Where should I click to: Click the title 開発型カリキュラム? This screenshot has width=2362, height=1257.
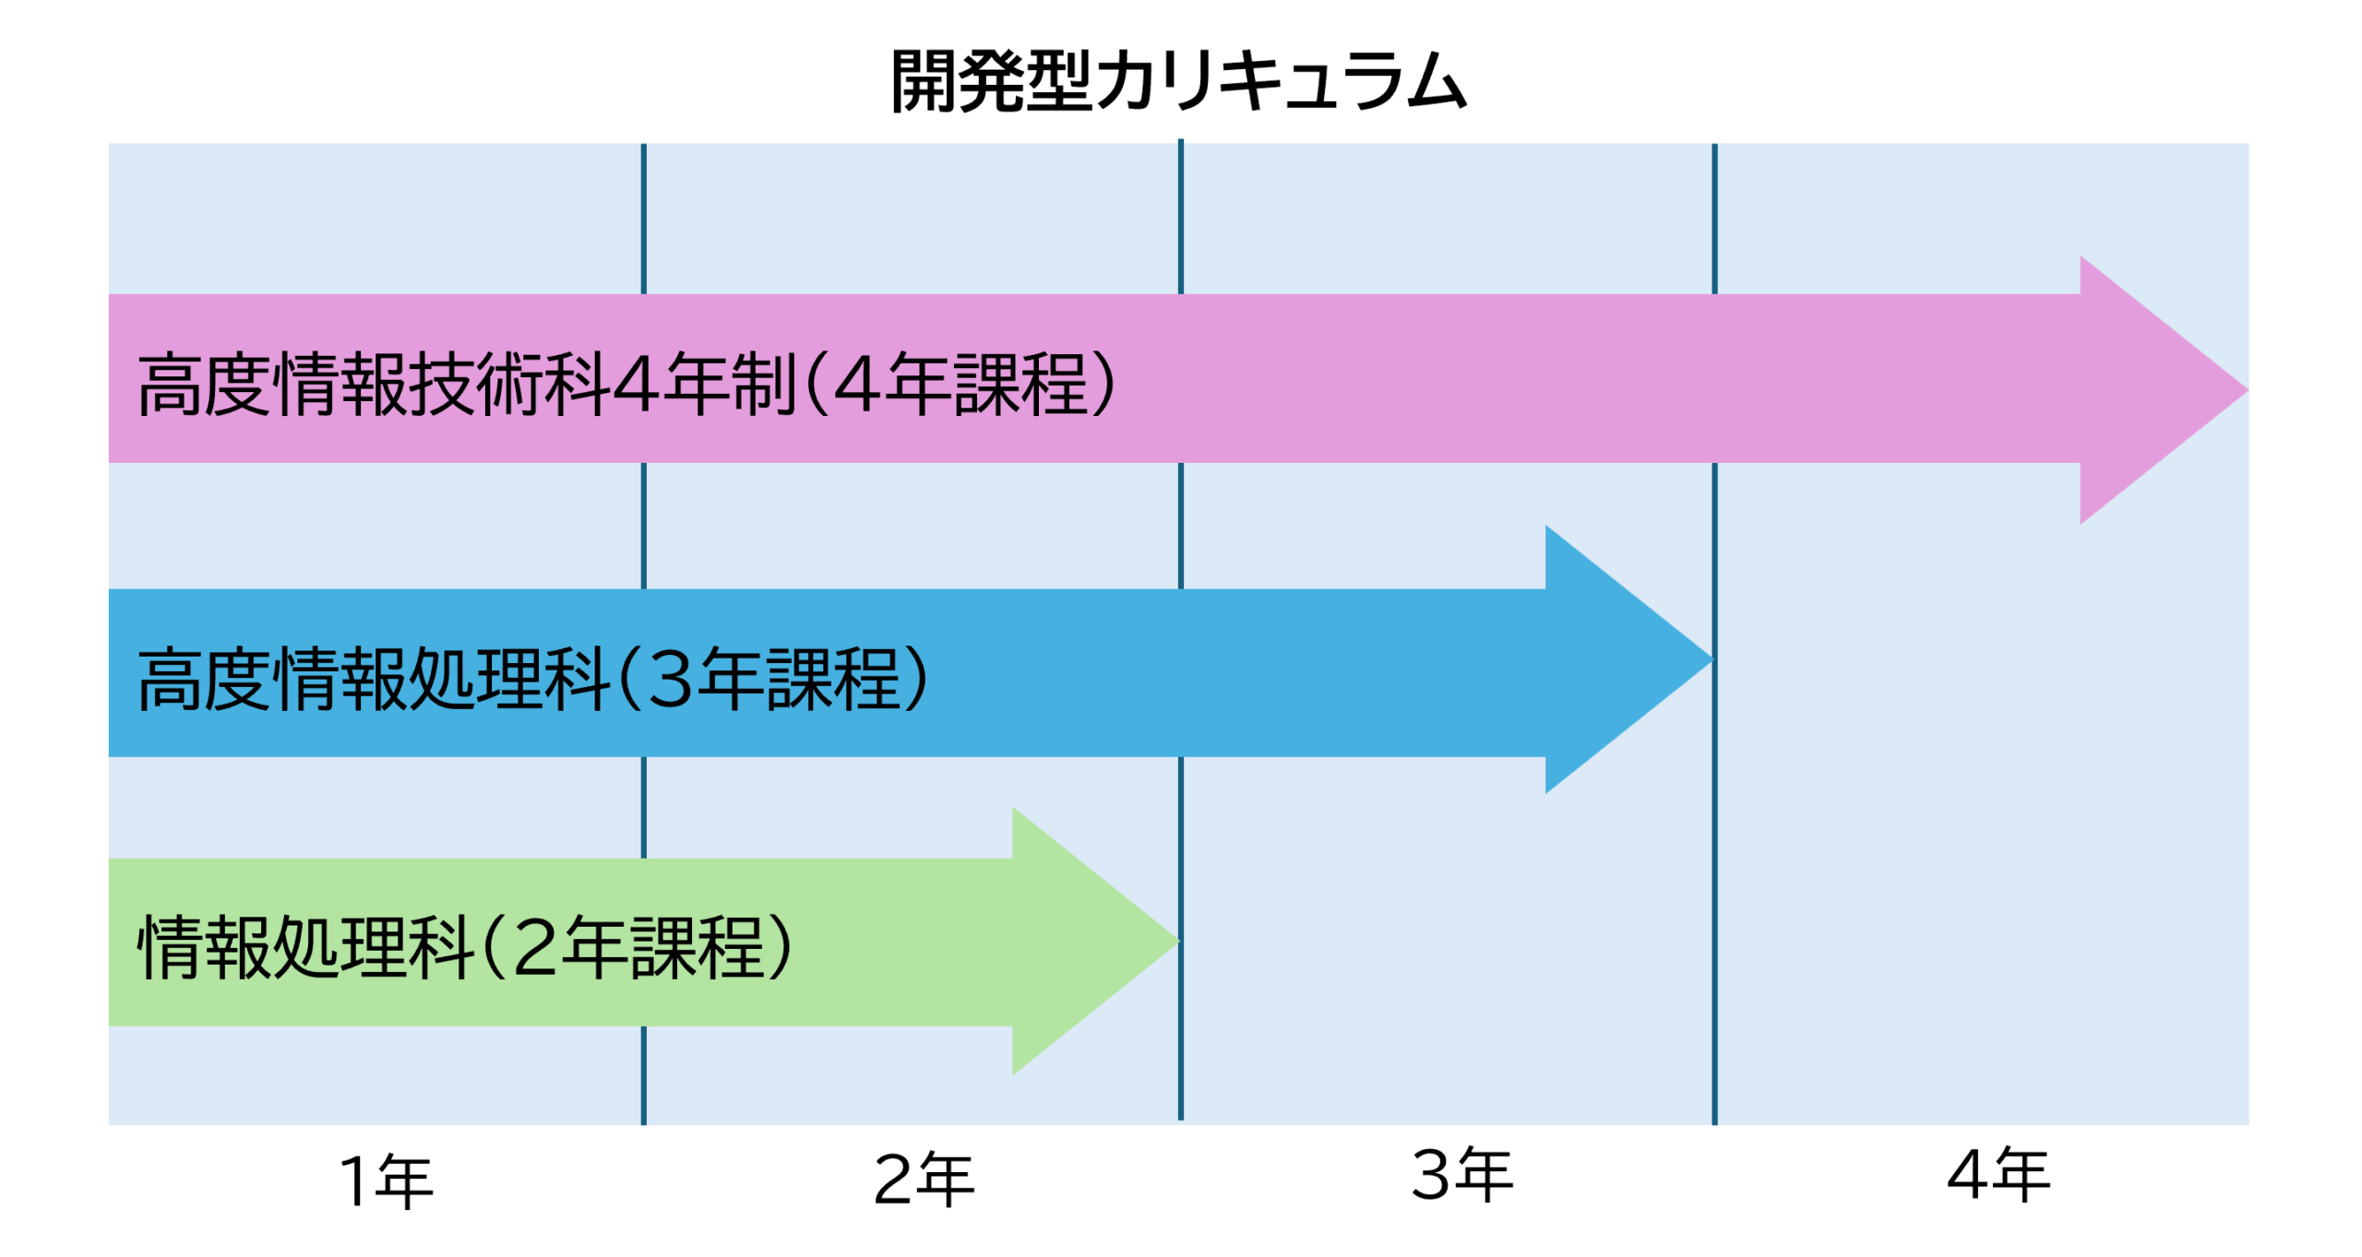tap(1178, 81)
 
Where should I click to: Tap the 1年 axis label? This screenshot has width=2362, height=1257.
tap(387, 1180)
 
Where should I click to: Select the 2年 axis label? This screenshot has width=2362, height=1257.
tap(924, 1179)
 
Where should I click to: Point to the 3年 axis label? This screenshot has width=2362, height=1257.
tap(1462, 1175)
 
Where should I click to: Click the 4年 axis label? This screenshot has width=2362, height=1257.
tap(1998, 1175)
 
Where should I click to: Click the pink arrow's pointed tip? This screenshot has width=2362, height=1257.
tap(2248, 390)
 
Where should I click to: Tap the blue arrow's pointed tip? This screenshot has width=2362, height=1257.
tap(1713, 659)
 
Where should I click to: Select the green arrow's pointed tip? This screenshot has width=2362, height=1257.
tap(1180, 941)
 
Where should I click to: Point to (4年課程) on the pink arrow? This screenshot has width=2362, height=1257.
tap(960, 384)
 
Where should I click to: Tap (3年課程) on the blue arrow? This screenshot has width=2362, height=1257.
tap(772, 679)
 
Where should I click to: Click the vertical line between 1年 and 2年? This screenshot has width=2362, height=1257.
tap(643, 634)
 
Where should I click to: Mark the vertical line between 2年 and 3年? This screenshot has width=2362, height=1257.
tap(1180, 630)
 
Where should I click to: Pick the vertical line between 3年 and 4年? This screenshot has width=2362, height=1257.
tap(1714, 634)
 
